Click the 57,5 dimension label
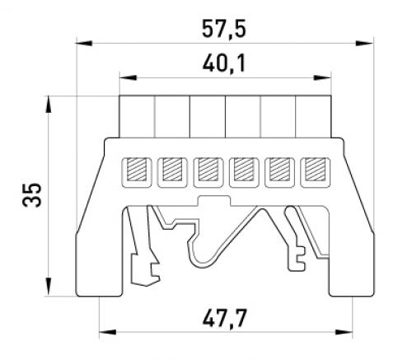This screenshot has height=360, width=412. pos(224,29)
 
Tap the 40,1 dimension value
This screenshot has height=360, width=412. pos(224,63)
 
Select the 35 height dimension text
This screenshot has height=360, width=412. pos(32,194)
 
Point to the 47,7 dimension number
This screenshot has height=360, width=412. pos(225,318)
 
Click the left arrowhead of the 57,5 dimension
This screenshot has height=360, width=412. pos(84,43)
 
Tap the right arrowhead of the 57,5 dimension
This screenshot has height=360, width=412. pos(365,43)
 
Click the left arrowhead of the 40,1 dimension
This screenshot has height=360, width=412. pos(128,77)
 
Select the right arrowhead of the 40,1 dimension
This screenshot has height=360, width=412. pos(322,77)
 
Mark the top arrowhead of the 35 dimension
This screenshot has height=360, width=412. pos(49,105)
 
